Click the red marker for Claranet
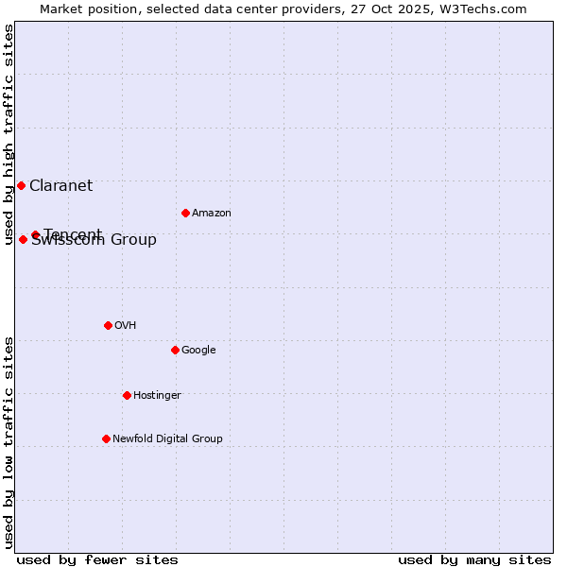coord(21,185)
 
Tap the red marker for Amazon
coord(185,213)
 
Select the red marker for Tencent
coord(35,234)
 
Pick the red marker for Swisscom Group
coord(23,239)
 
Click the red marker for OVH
coord(108,325)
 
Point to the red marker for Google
coord(175,350)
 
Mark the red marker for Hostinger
coord(127,395)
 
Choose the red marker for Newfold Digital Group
coord(106,438)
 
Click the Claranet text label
coord(60,186)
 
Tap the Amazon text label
coord(211,214)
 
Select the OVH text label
coord(125,326)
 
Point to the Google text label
coord(198,351)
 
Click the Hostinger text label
coord(157,396)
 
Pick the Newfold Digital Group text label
coord(167,439)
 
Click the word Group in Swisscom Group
coord(134,240)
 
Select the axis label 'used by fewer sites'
coord(97,559)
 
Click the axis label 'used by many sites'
coord(474,559)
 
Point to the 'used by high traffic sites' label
coord(9,134)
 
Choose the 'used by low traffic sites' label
coord(9,441)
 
